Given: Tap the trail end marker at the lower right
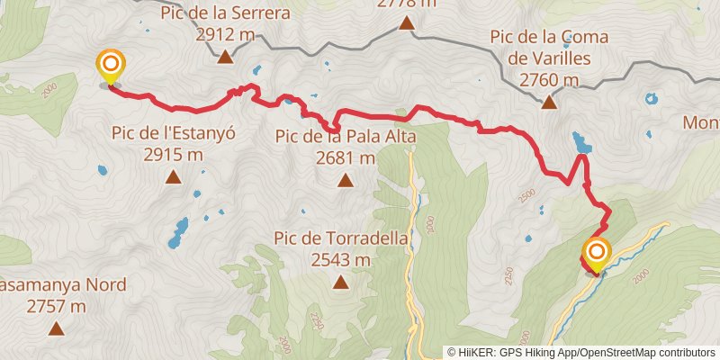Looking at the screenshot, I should [x=596, y=252].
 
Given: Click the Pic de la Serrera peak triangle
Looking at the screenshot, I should [x=224, y=57].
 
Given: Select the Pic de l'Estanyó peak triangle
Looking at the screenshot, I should [x=173, y=176].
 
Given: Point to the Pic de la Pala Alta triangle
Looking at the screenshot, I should [x=346, y=180].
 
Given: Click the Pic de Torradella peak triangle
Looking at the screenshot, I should [x=341, y=283].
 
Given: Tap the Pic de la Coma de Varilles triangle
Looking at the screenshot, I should [x=549, y=102].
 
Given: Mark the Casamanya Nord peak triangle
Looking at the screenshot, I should [x=56, y=328].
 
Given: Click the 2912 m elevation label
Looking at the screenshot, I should [x=225, y=35].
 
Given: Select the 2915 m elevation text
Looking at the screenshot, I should [x=173, y=155].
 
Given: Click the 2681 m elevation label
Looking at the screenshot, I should [x=346, y=157].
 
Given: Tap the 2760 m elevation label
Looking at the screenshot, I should [x=549, y=80].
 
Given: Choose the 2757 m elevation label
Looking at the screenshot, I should [x=56, y=307].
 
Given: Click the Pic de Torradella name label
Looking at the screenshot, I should [x=342, y=239].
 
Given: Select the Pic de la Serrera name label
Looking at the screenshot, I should [x=225, y=13].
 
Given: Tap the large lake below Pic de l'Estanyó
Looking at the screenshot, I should [x=177, y=232].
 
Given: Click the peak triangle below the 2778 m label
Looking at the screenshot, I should [x=407, y=24].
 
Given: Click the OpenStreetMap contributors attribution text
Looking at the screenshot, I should [x=645, y=353].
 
